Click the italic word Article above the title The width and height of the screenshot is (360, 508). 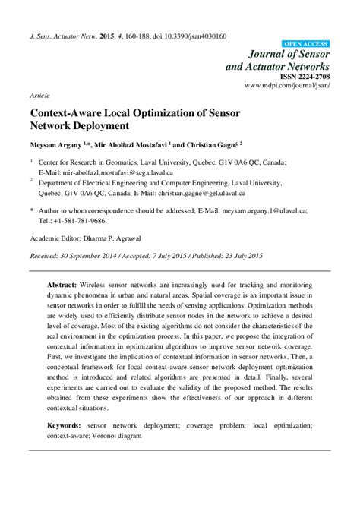pos(39,97)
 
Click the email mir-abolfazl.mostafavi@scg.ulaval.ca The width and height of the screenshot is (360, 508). pos(120,172)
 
